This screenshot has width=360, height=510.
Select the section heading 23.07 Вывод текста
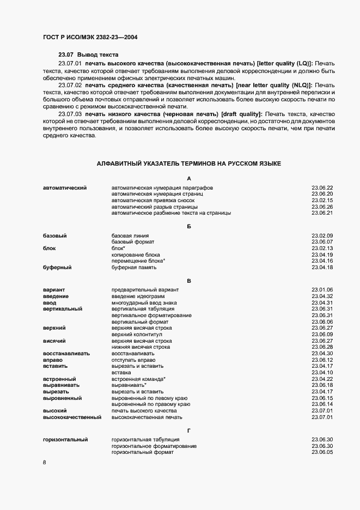88,55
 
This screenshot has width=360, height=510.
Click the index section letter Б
188,226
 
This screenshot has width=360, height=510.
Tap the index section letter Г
188,430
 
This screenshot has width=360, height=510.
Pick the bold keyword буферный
57,268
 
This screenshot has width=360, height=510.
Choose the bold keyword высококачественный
72,417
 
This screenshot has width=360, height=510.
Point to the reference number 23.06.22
322,188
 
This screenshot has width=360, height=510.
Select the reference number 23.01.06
322,290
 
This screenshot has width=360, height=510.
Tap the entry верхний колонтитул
138,335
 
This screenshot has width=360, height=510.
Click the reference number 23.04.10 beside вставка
322,373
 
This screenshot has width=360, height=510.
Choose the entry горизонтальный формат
143,452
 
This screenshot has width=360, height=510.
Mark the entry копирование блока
136,254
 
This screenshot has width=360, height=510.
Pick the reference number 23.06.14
322,404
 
